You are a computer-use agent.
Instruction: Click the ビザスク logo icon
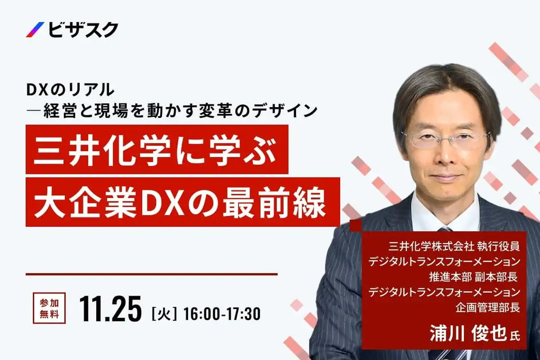tap(35, 30)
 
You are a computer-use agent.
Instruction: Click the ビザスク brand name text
tap(83, 30)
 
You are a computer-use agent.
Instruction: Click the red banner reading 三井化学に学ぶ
tap(157, 149)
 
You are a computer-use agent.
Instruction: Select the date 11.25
tap(110, 309)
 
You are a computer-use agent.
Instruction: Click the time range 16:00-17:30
tap(221, 312)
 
